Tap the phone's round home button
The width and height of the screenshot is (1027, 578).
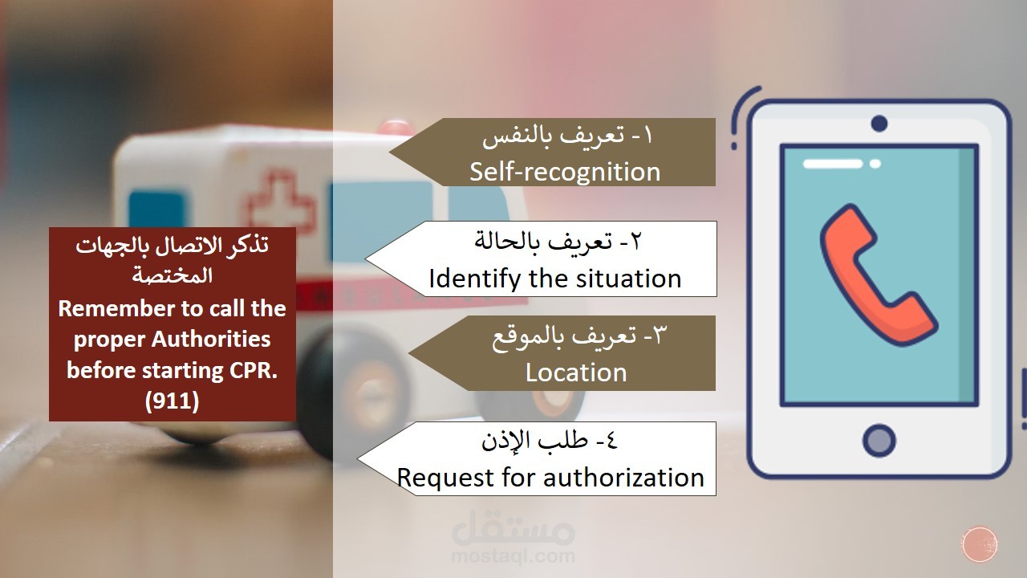pos(879,441)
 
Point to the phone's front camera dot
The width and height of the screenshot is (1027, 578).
pos(879,124)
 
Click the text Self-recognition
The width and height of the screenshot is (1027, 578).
pos(565,172)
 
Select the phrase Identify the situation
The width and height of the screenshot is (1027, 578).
pos(554,279)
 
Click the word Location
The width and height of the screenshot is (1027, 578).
pos(576,372)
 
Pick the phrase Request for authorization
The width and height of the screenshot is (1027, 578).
pos(550,477)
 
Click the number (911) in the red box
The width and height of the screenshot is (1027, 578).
pos(172,401)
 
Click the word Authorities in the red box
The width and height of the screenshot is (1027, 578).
pos(211,340)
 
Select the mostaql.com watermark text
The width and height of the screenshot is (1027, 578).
pos(513,556)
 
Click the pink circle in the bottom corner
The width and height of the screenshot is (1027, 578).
pos(980,544)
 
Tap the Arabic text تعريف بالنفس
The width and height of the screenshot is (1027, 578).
pos(554,136)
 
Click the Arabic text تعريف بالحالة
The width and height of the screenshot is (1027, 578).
pos(543,242)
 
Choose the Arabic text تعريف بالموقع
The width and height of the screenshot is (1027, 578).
pos(564,337)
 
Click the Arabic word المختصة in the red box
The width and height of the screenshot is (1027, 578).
pos(173,276)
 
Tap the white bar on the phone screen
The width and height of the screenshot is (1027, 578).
pos(833,163)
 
